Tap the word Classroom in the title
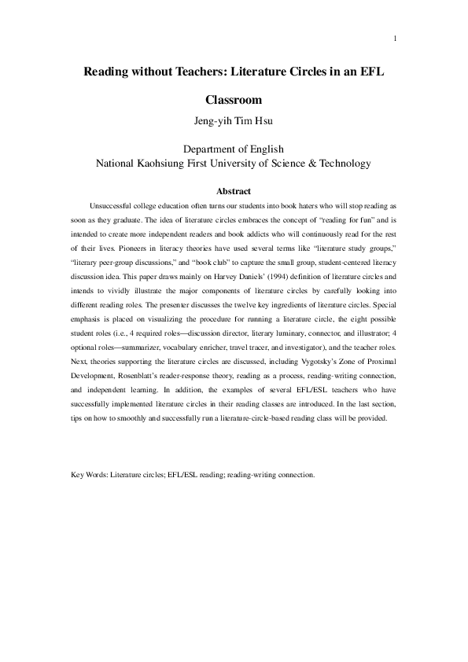(233, 101)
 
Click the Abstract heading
(233, 191)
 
